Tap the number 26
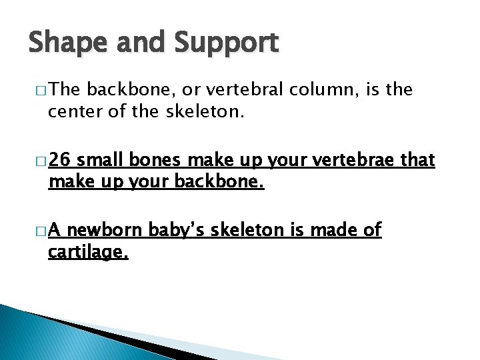click(x=59, y=160)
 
